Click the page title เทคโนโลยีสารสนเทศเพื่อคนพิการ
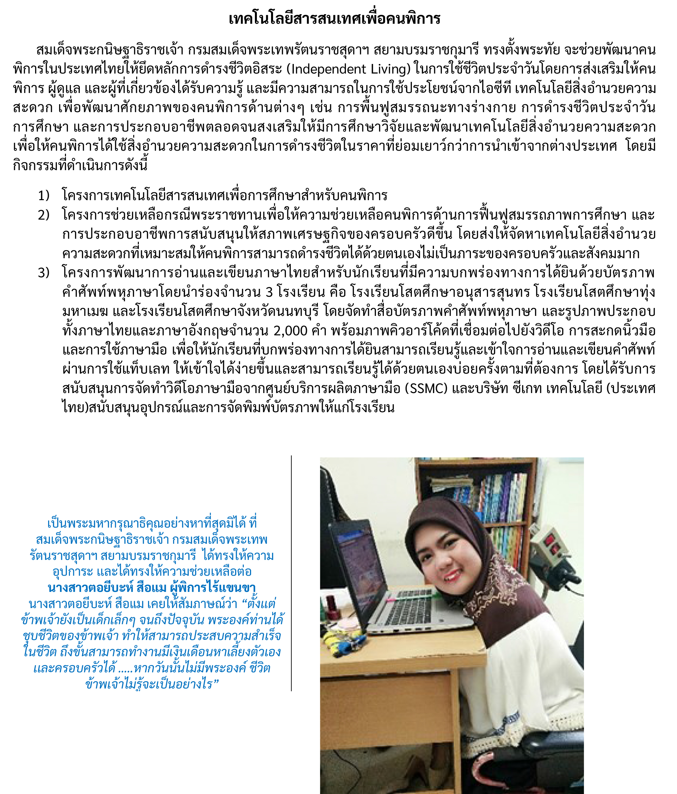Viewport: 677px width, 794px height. coord(334,19)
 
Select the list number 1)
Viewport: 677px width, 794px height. coord(44,196)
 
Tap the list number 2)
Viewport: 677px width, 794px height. coord(44,215)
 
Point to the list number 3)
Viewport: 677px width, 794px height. coord(44,273)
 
